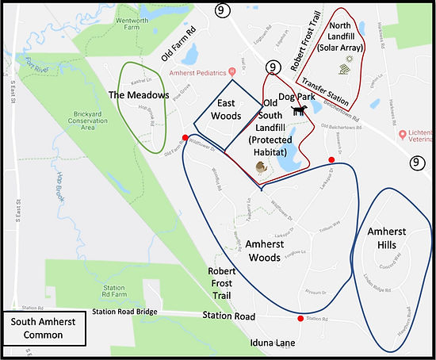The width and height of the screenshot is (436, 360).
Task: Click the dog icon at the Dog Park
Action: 299,111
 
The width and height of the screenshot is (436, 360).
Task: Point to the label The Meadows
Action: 140,95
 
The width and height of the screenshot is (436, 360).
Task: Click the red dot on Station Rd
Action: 300,319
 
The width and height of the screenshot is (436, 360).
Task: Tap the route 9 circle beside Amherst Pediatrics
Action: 274,68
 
